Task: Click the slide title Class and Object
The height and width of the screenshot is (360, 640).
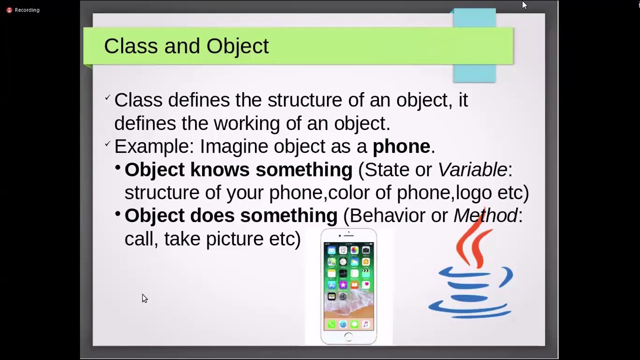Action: [186, 46]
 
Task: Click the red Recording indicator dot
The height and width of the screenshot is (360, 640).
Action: [9, 10]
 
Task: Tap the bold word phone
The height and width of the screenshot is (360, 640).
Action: [401, 146]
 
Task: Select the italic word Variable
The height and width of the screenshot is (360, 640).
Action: [472, 170]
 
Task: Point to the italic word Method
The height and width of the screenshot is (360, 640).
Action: [485, 215]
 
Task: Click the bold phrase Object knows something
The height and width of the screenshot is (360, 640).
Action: [238, 170]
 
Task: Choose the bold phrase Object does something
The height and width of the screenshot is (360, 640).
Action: [230, 215]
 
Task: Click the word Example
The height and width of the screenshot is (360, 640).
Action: [153, 146]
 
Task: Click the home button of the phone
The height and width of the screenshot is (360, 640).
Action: [348, 337]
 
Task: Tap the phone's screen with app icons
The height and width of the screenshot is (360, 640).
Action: [348, 285]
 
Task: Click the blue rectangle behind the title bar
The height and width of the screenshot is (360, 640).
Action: [474, 73]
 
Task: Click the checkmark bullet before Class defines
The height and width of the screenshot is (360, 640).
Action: [107, 98]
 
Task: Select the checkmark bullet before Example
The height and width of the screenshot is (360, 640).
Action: [107, 144]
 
